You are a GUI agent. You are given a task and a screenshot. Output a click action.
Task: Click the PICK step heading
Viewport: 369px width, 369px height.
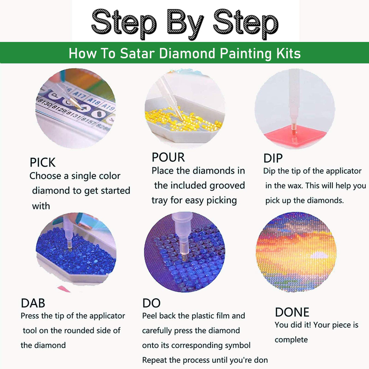click(x=43, y=163)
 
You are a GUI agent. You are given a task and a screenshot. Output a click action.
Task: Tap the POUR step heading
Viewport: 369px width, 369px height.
click(x=168, y=157)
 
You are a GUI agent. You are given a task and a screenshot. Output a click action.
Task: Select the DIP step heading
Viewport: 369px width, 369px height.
click(x=273, y=158)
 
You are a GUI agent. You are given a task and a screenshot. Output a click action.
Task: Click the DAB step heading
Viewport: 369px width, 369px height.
click(x=33, y=303)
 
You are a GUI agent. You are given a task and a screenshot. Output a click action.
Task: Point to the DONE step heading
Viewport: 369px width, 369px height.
click(x=292, y=312)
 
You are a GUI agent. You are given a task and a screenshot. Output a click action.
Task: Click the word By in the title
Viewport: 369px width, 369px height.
click(x=185, y=23)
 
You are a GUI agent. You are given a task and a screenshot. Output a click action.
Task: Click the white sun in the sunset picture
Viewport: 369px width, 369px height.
click(x=319, y=255)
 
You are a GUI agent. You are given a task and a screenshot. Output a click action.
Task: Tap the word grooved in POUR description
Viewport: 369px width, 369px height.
click(x=227, y=185)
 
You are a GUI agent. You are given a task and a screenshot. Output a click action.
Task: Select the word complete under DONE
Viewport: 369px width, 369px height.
click(x=291, y=340)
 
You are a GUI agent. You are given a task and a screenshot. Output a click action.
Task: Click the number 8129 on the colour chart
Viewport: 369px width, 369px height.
click(x=58, y=109)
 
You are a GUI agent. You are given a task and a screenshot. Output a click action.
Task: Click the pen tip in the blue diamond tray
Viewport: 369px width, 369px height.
click(x=70, y=249)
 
